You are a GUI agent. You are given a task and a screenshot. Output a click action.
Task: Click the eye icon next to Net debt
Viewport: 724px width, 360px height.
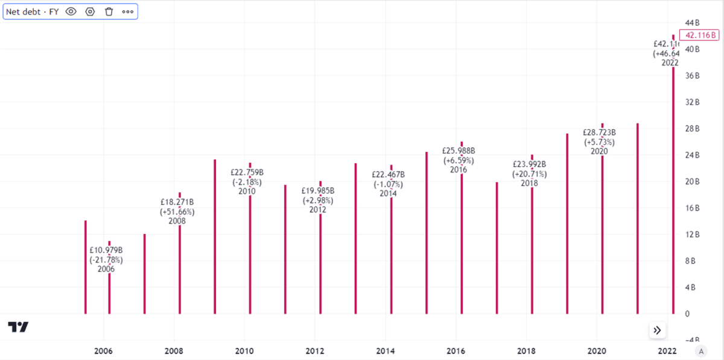click(71, 11)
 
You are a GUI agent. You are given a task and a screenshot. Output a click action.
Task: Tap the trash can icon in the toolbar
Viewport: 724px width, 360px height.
click(109, 11)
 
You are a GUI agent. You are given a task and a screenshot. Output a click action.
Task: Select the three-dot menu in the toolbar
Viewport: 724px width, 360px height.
click(127, 11)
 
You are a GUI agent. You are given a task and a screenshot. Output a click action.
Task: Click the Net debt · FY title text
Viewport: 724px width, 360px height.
click(33, 11)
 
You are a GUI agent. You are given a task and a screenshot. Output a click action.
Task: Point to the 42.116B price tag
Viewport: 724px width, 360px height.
click(699, 34)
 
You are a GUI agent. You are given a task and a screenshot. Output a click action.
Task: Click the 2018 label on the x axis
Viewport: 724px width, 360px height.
click(526, 351)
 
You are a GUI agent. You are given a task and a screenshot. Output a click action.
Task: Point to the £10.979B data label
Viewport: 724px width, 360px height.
click(106, 250)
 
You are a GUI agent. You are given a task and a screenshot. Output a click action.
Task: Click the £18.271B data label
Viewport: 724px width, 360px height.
click(177, 202)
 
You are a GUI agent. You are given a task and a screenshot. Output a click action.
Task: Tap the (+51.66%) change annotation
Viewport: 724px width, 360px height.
click(177, 212)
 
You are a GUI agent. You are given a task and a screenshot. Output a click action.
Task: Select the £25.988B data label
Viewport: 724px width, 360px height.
click(459, 151)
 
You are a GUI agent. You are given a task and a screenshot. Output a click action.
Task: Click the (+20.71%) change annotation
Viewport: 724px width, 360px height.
click(529, 174)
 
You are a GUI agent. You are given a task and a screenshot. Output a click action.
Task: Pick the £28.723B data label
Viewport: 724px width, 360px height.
click(599, 132)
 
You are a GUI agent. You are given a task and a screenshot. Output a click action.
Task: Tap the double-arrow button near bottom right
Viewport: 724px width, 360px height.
click(657, 330)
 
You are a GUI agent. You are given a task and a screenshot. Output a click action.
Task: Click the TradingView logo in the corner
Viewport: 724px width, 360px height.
click(18, 327)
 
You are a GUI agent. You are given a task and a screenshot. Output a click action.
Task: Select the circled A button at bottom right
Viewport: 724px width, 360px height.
click(700, 351)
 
